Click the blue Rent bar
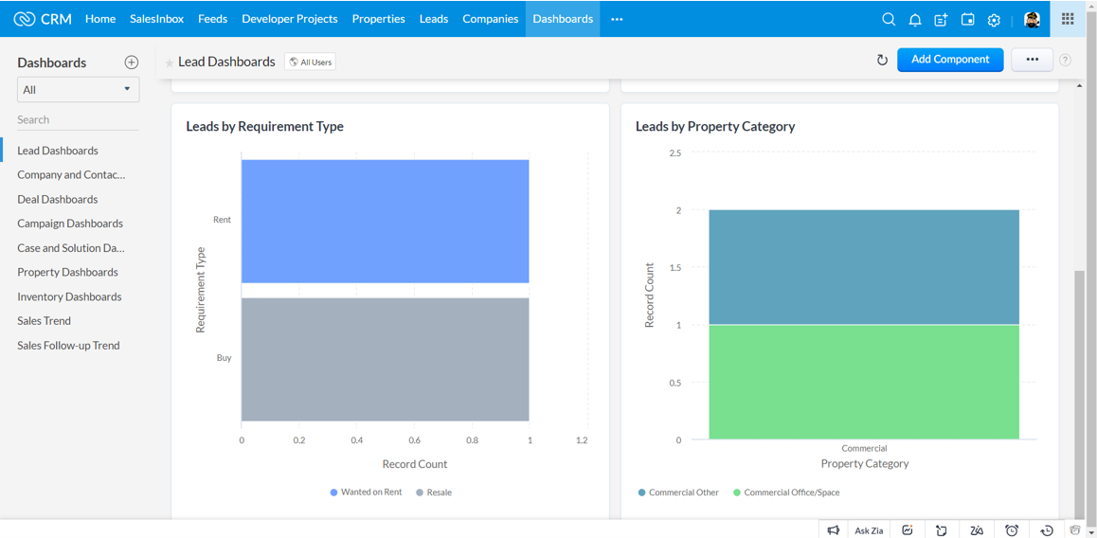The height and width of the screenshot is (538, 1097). click(385, 221)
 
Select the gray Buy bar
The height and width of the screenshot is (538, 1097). click(385, 359)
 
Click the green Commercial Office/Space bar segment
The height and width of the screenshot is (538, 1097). click(863, 382)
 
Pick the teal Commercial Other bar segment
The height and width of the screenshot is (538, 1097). click(863, 267)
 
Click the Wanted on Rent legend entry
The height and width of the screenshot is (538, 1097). click(366, 493)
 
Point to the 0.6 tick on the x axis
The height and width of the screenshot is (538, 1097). click(414, 440)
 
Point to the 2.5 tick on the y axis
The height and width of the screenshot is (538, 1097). click(674, 153)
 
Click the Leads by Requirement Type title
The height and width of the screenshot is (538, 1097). click(264, 126)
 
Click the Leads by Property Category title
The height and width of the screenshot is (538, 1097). click(714, 126)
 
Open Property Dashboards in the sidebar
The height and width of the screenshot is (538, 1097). click(67, 272)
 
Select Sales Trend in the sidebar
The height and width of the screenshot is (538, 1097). click(44, 321)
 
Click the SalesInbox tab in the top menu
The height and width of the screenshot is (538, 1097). click(156, 19)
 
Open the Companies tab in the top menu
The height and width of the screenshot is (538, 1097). click(490, 19)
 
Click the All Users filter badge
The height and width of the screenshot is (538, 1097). click(311, 63)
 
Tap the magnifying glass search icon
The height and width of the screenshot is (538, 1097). click(888, 20)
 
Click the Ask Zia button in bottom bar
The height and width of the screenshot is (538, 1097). click(868, 530)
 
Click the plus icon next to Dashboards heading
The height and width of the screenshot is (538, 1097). click(132, 63)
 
